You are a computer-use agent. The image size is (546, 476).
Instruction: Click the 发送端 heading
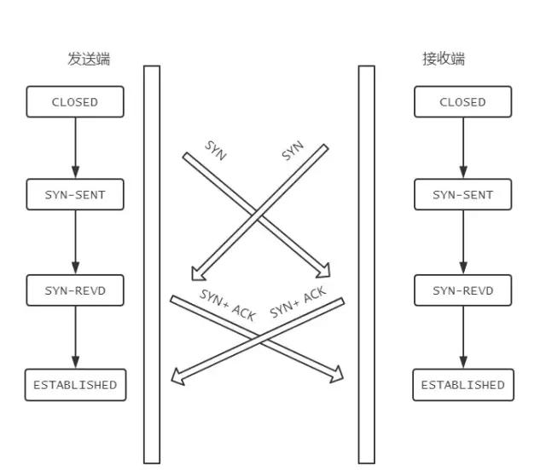tap(89, 60)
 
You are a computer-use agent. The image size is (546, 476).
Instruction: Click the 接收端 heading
tap(444, 60)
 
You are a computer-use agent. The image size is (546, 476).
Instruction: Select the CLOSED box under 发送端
tap(75, 102)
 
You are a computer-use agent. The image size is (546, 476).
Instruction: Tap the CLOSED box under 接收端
tap(462, 102)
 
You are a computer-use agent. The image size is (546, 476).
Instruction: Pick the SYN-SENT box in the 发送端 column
tap(75, 195)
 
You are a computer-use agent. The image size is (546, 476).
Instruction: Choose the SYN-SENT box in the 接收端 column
tap(462, 195)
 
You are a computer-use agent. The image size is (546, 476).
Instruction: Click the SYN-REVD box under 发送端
tap(75, 290)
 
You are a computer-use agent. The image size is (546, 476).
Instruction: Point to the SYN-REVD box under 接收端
tap(462, 290)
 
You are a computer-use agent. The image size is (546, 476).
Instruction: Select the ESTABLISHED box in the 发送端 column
tap(75, 385)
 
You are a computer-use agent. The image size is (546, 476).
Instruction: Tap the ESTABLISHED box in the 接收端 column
tap(462, 385)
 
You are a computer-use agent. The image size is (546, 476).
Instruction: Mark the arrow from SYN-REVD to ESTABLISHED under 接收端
tap(463, 337)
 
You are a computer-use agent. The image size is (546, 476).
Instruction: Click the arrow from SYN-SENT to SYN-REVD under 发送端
tap(75, 243)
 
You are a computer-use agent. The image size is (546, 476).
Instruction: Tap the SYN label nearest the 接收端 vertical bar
tap(293, 152)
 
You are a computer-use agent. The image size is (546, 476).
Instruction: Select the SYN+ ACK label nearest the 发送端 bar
tap(228, 304)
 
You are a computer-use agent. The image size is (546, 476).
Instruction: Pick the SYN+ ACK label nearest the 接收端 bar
tap(298, 302)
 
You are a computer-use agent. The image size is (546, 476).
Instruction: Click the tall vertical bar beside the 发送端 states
tap(152, 264)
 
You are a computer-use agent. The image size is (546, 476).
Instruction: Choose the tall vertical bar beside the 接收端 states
tap(366, 264)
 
